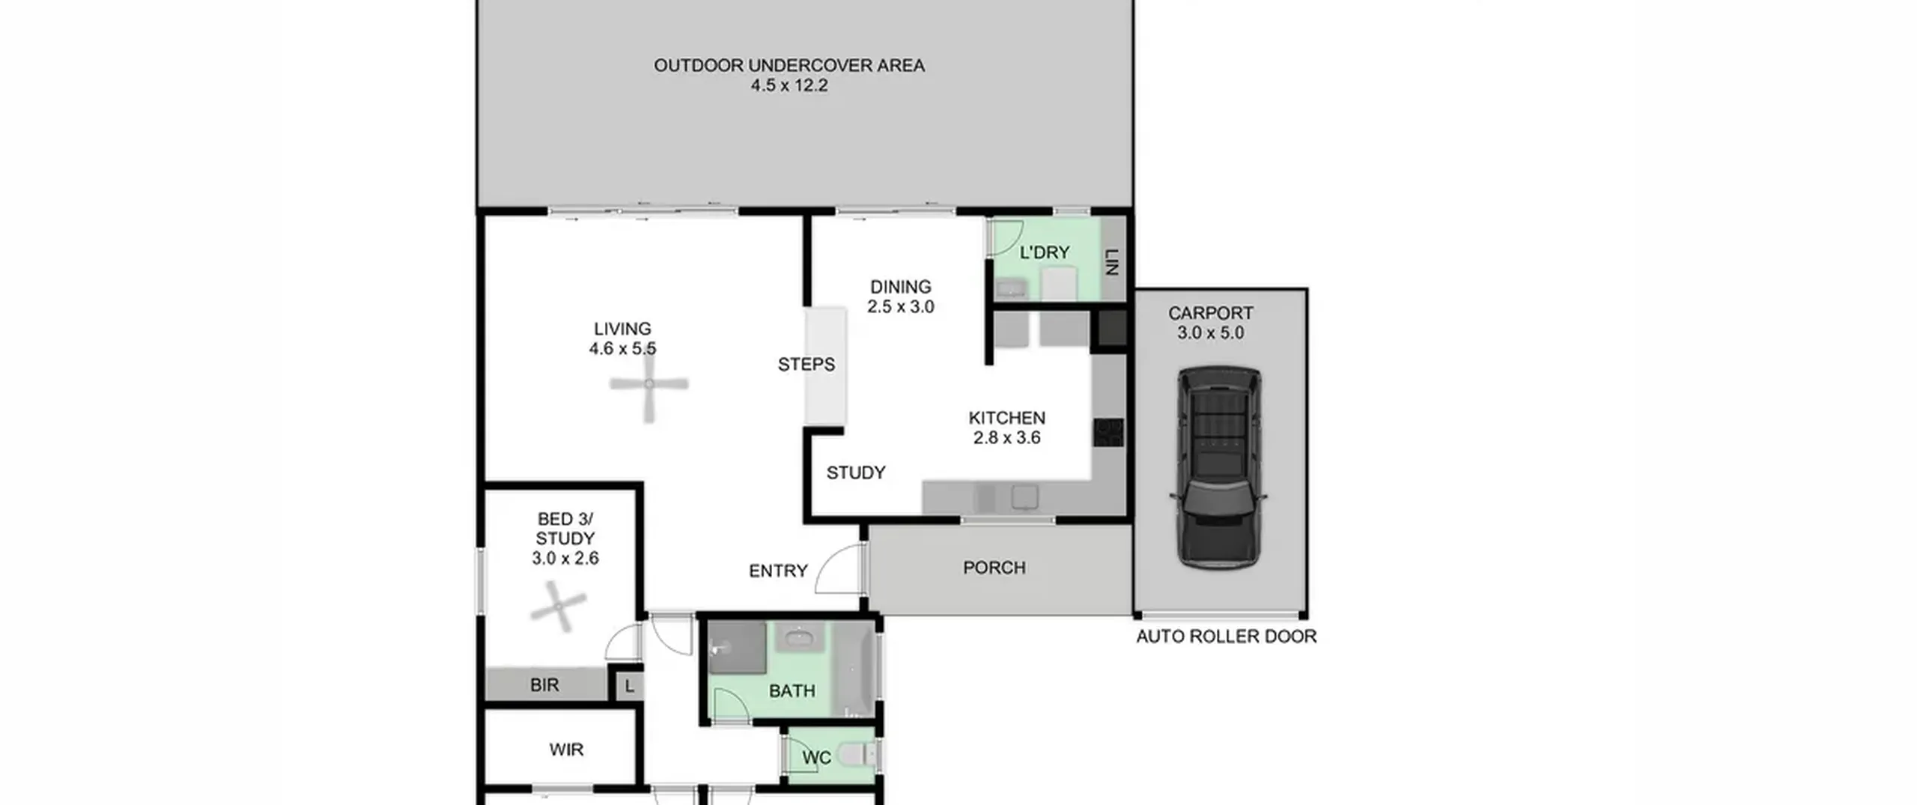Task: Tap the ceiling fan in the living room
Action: coord(648,385)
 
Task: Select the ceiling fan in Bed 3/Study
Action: coord(558,607)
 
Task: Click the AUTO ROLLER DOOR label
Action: coord(1226,637)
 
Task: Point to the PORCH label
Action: coord(994,568)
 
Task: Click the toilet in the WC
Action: coord(857,755)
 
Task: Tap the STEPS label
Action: coord(806,365)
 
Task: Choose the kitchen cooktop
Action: coord(1108,433)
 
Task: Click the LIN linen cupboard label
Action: coord(1111,262)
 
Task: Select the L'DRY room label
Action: coord(1045,252)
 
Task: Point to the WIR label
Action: coord(566,750)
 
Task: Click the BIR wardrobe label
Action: coord(544,685)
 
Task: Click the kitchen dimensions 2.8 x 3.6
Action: coord(1006,438)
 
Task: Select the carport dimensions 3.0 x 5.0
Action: coord(1210,333)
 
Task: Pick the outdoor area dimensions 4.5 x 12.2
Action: coord(789,85)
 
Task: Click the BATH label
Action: coord(792,691)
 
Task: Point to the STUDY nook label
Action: coord(856,473)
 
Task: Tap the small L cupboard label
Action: coord(630,686)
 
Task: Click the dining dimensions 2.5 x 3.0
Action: coord(901,307)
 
